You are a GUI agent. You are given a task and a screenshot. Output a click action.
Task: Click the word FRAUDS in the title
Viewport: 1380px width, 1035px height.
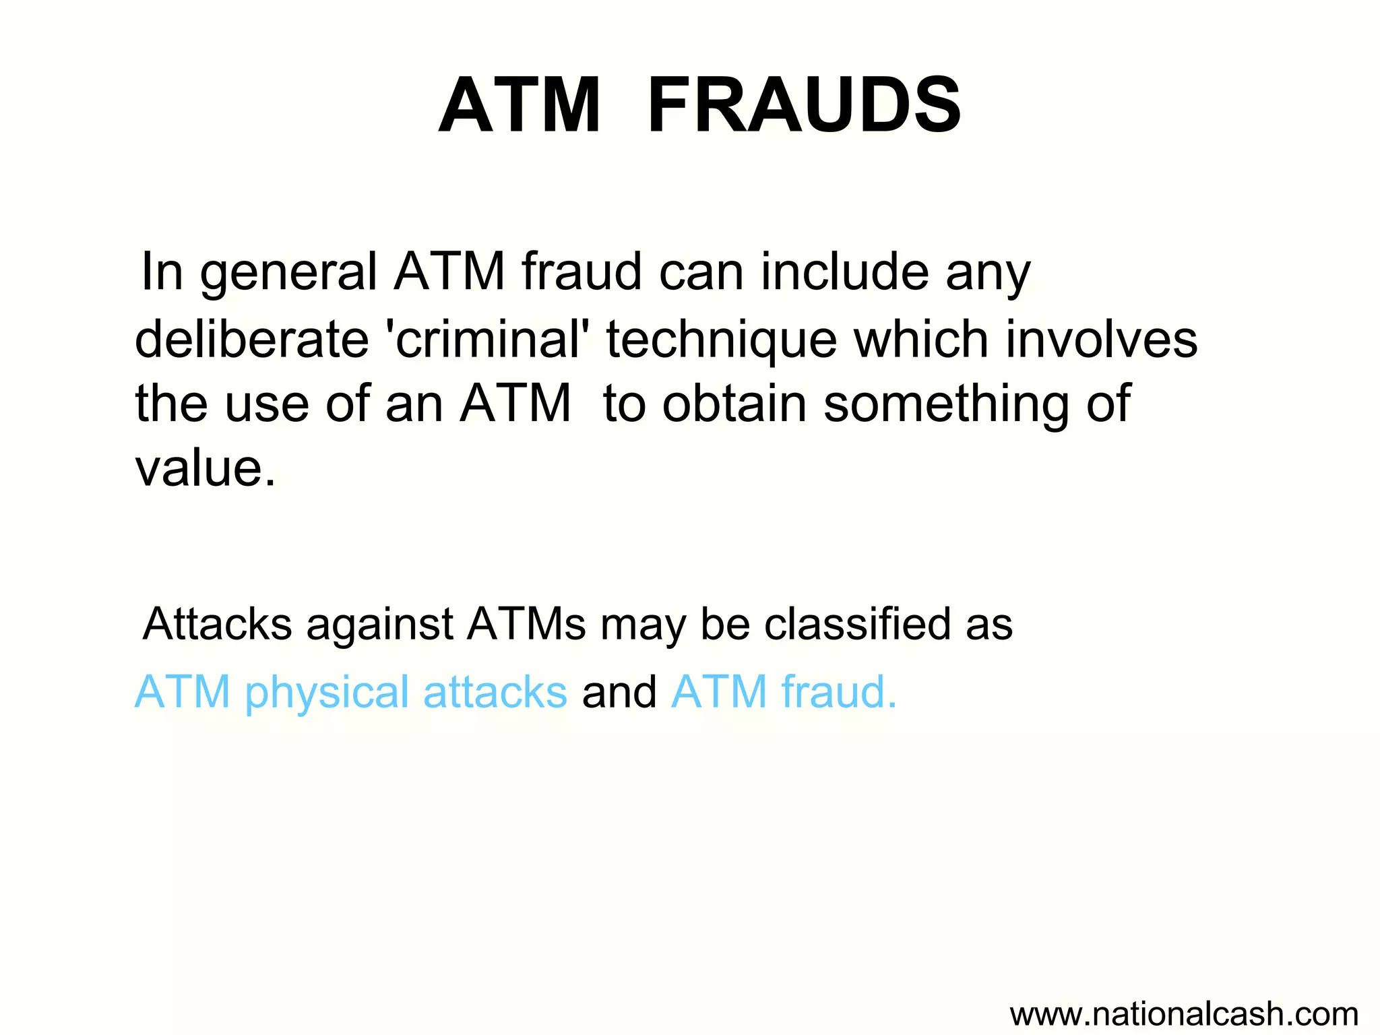pos(803,106)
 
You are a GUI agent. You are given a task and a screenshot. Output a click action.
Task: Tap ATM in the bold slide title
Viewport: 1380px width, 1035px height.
pos(520,106)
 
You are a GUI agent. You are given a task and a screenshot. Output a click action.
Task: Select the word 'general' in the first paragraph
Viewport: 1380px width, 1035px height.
pos(288,273)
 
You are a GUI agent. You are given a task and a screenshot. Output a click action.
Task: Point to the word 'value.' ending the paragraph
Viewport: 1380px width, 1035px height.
pos(206,468)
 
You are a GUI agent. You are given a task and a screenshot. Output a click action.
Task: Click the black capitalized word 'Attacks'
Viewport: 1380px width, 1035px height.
pos(217,624)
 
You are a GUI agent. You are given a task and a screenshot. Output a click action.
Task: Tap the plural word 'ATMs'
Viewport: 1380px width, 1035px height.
pos(526,624)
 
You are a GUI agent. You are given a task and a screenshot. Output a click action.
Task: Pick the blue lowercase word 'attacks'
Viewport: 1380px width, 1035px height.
pos(495,693)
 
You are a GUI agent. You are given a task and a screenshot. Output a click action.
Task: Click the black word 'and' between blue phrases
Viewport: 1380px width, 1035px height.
pos(619,693)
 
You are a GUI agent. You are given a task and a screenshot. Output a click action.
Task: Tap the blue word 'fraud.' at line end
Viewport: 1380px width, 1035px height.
pos(839,693)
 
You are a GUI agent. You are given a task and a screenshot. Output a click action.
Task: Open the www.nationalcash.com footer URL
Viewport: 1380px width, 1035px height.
pos(1184,1013)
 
